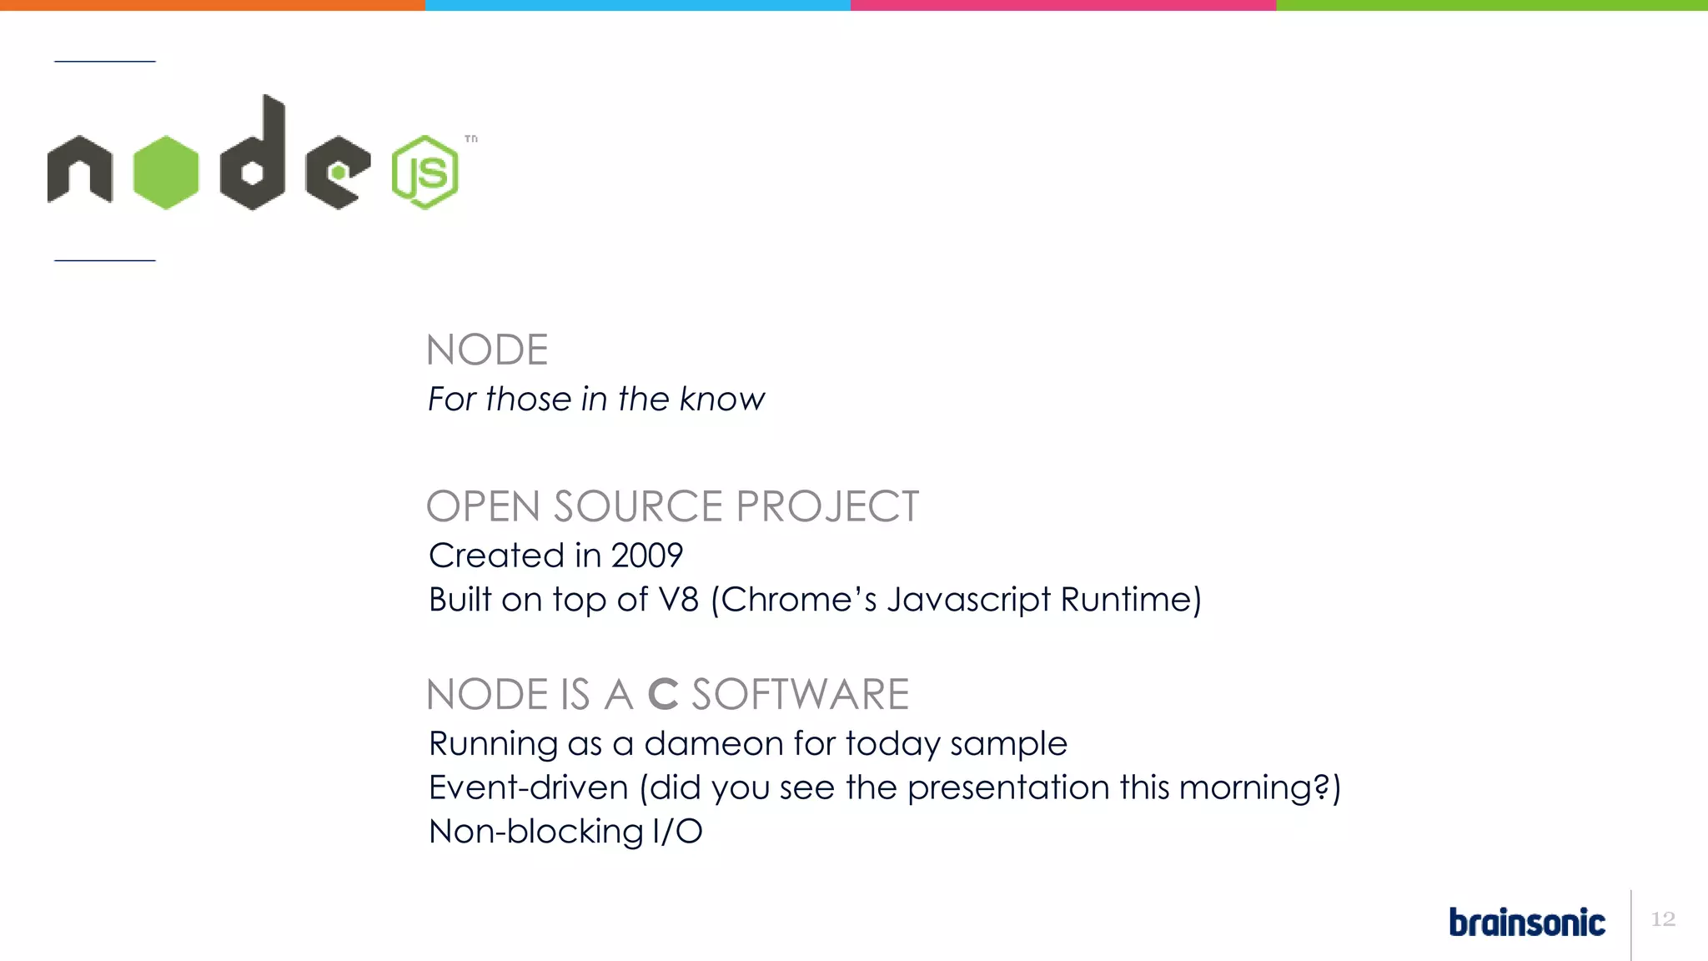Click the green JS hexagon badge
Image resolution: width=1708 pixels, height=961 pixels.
click(424, 172)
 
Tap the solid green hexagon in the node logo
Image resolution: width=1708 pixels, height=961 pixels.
click(166, 172)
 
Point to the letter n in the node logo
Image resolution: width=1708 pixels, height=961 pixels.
click(79, 170)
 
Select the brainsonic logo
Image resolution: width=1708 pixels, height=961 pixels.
click(1526, 922)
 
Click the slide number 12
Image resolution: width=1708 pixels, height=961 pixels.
click(1663, 918)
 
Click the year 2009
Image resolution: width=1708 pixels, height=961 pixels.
click(647, 556)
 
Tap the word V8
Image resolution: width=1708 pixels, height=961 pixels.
click(678, 599)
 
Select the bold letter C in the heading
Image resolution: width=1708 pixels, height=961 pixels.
click(663, 694)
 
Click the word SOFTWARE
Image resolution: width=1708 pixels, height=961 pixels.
click(800, 694)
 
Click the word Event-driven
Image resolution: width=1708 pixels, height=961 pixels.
click(528, 787)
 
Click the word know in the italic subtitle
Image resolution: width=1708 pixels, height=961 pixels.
click(721, 399)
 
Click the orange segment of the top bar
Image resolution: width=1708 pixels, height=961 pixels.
click(213, 5)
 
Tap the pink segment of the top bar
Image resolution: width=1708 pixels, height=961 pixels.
click(1063, 5)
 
